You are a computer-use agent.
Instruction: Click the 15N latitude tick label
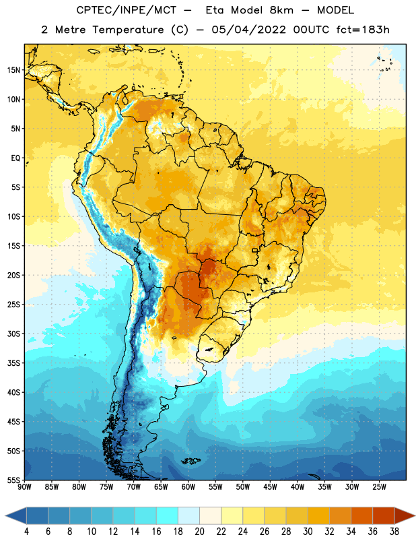tap(13, 70)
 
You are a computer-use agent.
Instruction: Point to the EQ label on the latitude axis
tap(15, 158)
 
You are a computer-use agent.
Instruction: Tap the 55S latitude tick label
tap(13, 480)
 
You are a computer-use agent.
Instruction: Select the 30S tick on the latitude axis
tap(13, 334)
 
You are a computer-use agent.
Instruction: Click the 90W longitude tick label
tap(25, 486)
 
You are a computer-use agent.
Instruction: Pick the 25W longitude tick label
tap(379, 486)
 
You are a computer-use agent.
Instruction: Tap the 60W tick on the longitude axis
tap(188, 486)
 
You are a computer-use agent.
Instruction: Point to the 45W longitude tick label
tap(270, 486)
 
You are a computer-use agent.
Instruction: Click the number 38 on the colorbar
tap(394, 532)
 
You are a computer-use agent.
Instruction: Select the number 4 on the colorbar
tap(26, 532)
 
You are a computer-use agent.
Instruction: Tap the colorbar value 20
tap(199, 532)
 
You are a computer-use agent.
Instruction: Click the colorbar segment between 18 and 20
tap(188, 516)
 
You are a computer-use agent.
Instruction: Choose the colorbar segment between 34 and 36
tap(361, 516)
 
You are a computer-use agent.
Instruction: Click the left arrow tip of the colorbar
tap(5, 516)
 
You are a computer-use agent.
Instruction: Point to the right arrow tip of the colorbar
tap(415, 516)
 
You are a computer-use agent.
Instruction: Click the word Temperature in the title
tap(128, 30)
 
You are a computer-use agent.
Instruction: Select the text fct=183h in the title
tap(363, 30)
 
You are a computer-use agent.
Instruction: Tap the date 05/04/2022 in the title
tap(248, 30)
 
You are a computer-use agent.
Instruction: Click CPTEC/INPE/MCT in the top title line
tap(127, 10)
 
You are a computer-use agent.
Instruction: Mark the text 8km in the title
tap(281, 10)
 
